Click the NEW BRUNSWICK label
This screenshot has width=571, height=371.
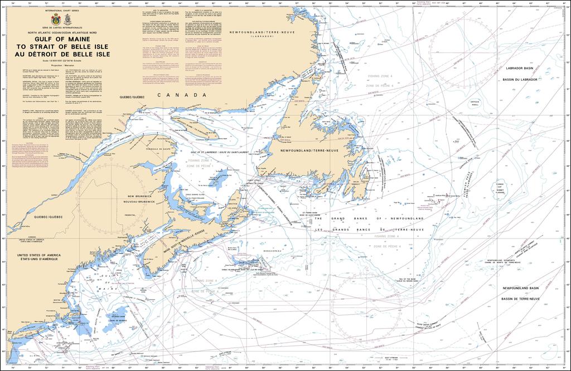point(144,197)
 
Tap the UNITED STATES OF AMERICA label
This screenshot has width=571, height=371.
point(39,255)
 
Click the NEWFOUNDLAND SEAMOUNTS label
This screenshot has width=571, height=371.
point(504,259)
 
